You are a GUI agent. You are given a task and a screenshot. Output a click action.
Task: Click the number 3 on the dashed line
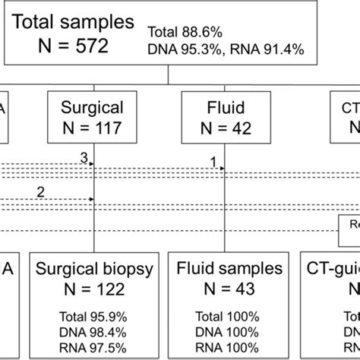point(84,157)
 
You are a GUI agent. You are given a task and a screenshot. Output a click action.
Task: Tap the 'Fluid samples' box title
point(229,268)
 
